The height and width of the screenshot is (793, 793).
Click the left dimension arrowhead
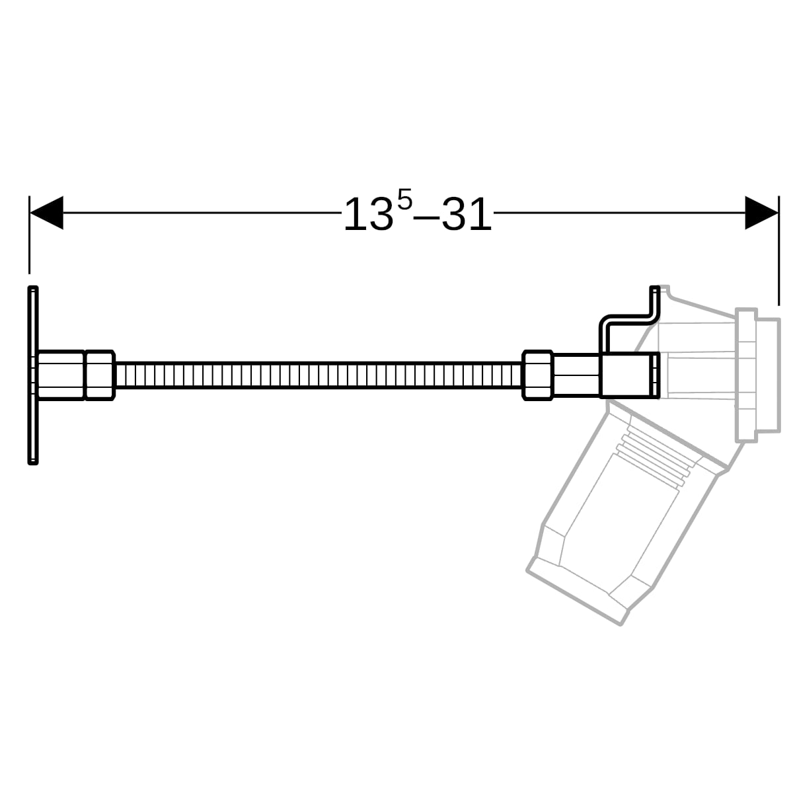[46, 213]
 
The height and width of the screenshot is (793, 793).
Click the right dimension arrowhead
[761, 213]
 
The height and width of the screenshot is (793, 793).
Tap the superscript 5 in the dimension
[404, 200]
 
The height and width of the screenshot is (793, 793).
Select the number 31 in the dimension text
[467, 214]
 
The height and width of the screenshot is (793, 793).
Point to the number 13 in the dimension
[369, 214]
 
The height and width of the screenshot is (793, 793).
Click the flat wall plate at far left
[33, 375]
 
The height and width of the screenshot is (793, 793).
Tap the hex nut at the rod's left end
[100, 375]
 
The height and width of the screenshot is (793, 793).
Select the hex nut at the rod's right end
[537, 375]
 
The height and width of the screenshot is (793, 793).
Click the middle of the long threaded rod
[319, 375]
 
